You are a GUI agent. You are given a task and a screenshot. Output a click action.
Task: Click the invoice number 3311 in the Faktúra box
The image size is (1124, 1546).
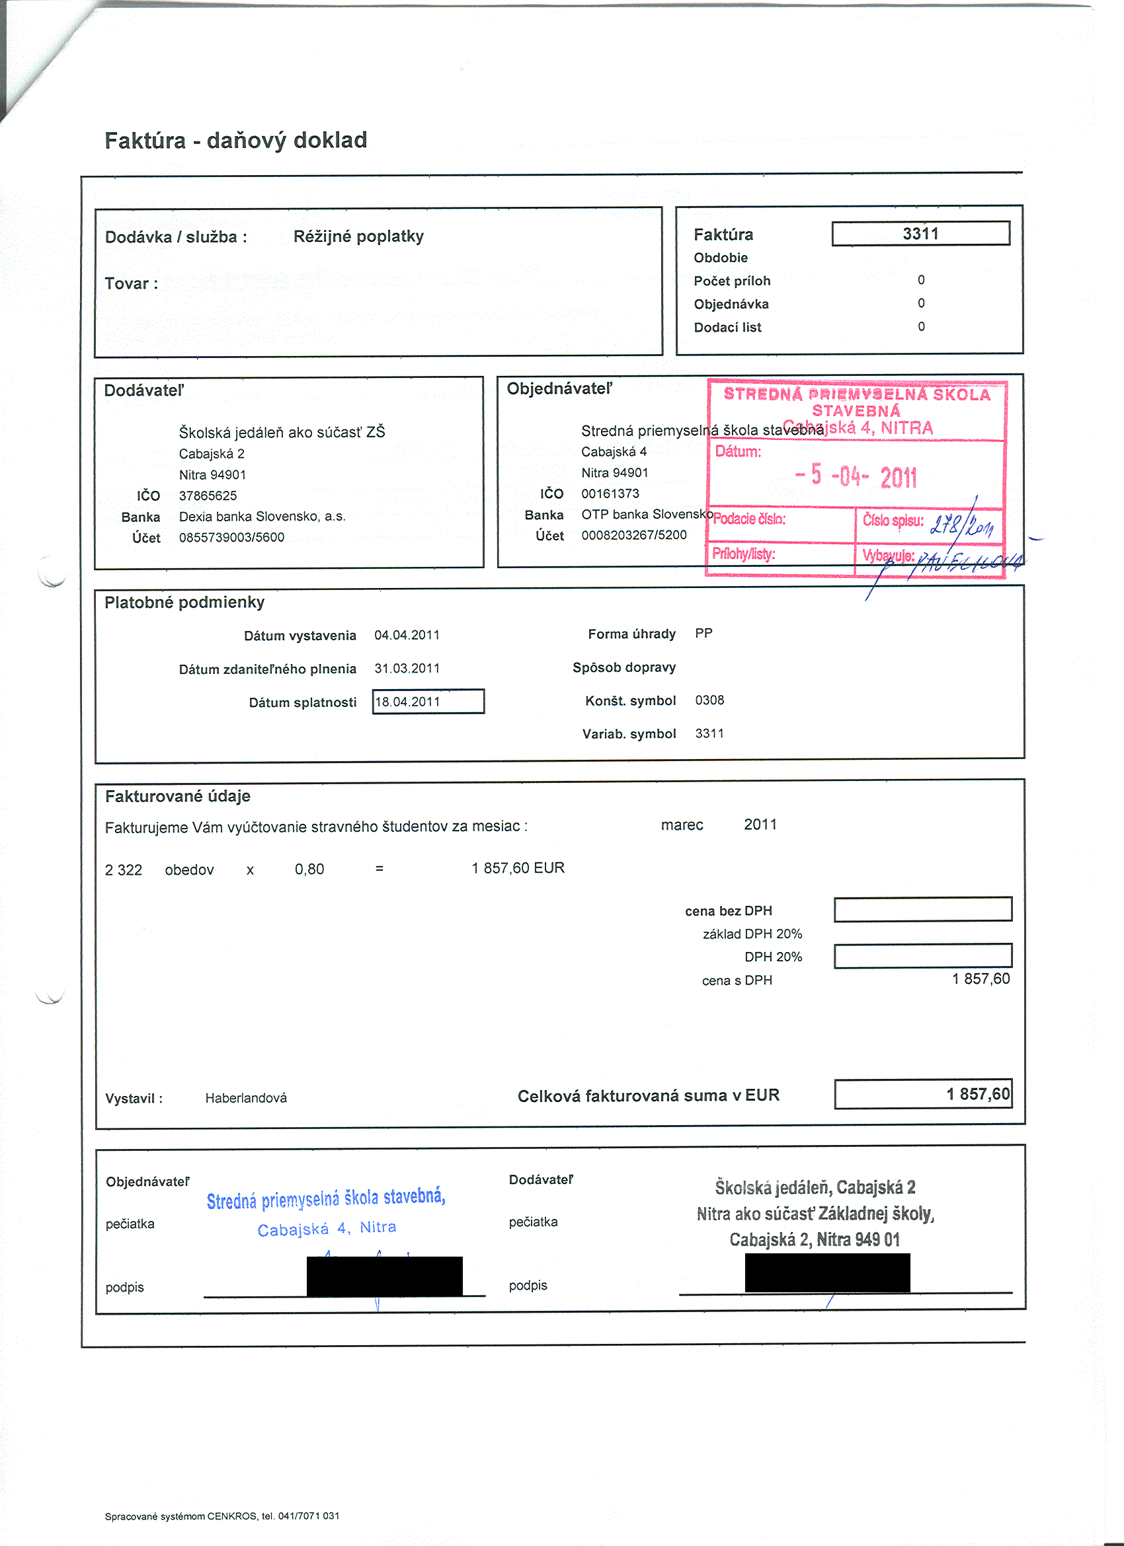[x=920, y=234]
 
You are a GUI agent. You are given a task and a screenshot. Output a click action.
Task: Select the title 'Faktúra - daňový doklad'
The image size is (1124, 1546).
[x=235, y=141]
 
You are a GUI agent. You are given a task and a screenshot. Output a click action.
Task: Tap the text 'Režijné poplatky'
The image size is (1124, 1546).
[x=358, y=237]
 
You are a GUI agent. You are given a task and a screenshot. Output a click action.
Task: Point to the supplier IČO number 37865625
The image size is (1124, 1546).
[x=208, y=496]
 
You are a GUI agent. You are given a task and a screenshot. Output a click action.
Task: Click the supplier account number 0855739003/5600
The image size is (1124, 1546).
[x=232, y=537]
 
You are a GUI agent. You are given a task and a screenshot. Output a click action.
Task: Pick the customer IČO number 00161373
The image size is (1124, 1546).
[x=610, y=494]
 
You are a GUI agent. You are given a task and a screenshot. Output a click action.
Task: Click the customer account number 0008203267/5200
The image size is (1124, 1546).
[x=633, y=535]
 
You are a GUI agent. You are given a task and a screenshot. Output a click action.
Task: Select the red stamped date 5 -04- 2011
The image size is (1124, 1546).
[x=856, y=476]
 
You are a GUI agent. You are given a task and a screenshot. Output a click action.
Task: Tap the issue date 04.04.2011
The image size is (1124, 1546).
[x=407, y=636]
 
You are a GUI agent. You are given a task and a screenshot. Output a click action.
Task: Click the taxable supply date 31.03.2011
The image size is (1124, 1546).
[x=407, y=669]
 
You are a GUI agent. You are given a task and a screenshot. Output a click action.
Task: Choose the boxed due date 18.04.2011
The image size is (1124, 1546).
[x=428, y=702]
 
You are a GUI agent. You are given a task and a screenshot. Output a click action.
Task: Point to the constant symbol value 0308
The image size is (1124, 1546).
[x=709, y=700]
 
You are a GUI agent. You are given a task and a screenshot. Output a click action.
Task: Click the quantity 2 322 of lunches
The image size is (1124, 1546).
[x=124, y=870]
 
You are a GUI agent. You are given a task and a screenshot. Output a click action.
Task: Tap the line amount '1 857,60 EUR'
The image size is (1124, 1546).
[x=518, y=867]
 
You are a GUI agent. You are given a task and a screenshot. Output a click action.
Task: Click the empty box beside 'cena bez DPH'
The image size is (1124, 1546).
[x=923, y=909]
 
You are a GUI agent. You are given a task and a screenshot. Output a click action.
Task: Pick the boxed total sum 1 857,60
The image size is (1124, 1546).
[x=923, y=1094]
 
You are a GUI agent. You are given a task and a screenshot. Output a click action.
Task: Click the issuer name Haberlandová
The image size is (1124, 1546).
[x=245, y=1098]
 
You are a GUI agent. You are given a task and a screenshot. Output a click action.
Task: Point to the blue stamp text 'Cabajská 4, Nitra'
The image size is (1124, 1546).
[x=327, y=1229]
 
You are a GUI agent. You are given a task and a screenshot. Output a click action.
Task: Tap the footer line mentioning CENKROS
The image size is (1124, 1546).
[x=221, y=1516]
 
